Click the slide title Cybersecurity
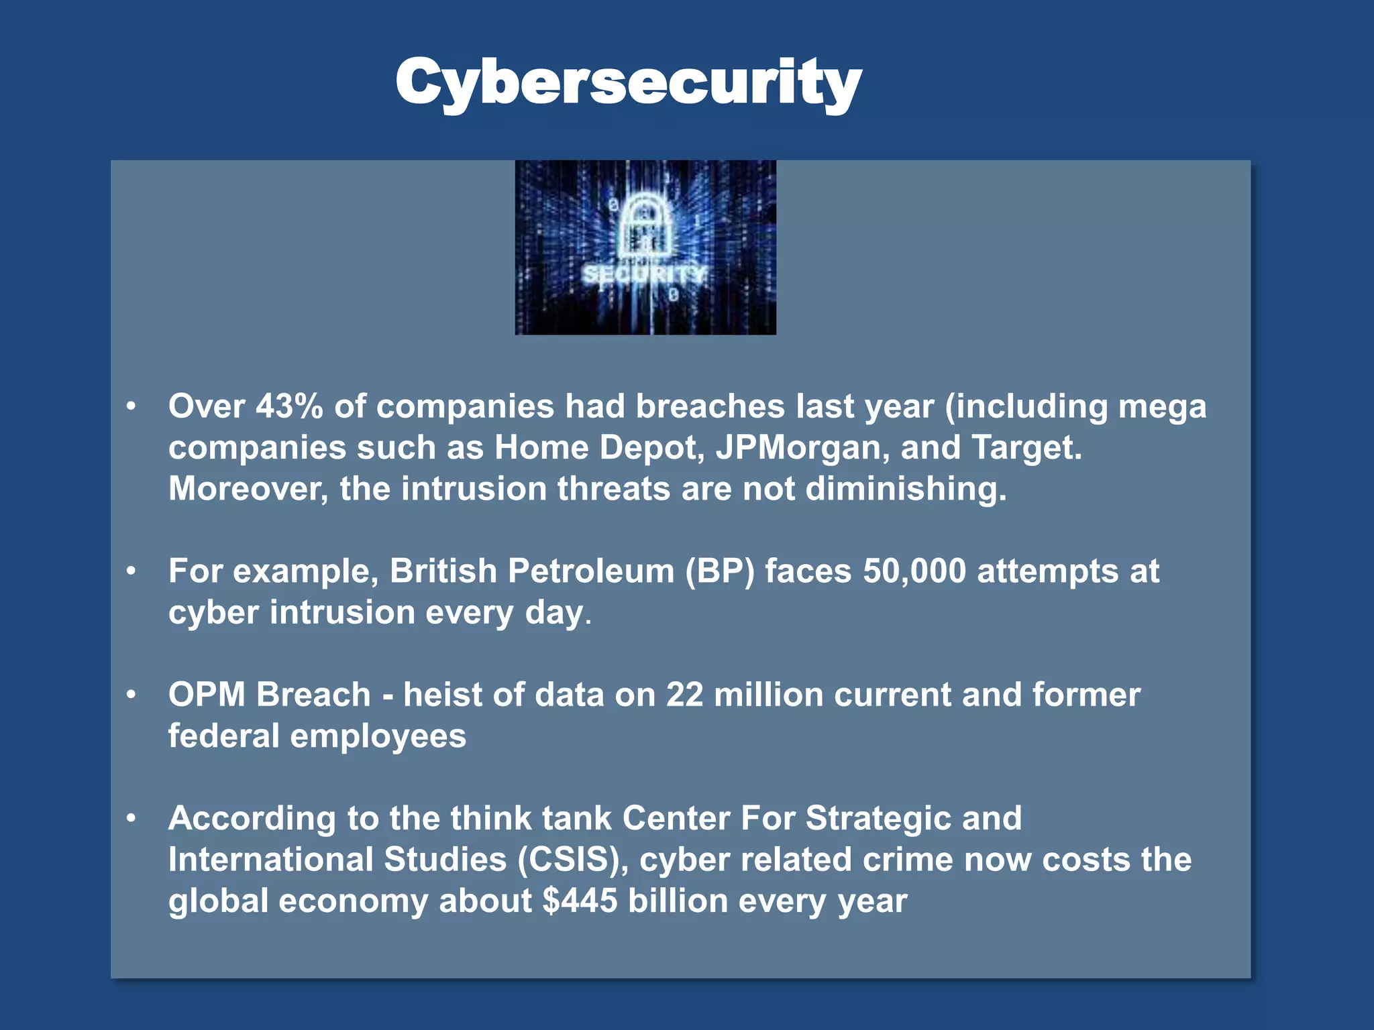628,82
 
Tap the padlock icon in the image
645,225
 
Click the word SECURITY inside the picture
644,274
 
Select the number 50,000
914,571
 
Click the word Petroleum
590,571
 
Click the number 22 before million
684,695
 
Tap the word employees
378,736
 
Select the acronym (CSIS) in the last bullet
573,860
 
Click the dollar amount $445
580,901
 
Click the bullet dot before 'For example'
131,571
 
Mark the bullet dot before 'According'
131,818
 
